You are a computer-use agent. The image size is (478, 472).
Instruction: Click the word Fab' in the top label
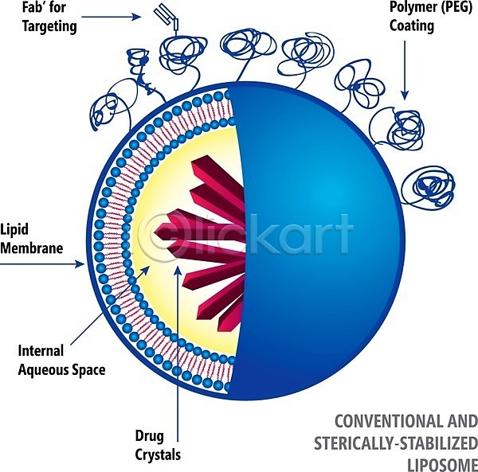pyautogui.click(x=33, y=7)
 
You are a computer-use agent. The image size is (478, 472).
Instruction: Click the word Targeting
pyautogui.click(x=49, y=27)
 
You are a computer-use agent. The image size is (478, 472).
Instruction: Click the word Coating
pyautogui.click(x=412, y=25)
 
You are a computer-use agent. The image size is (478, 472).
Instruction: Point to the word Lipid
pyautogui.click(x=14, y=229)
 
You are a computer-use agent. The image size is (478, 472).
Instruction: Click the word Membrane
pyautogui.click(x=31, y=248)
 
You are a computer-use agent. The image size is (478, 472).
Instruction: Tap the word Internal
pyautogui.click(x=41, y=350)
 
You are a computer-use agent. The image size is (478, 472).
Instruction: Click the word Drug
pyautogui.click(x=150, y=437)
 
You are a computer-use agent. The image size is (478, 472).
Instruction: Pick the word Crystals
pyautogui.click(x=158, y=455)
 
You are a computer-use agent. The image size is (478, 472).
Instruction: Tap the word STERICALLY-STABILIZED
pyautogui.click(x=396, y=443)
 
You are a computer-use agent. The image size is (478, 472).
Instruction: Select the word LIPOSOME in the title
pyautogui.click(x=442, y=466)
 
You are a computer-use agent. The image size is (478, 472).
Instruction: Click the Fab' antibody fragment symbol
pyautogui.click(x=167, y=19)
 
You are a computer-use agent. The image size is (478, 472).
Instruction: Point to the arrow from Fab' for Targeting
pyautogui.click(x=112, y=17)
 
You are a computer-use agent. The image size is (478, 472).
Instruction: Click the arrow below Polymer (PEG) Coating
pyautogui.click(x=405, y=70)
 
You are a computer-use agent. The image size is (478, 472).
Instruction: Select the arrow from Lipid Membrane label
pyautogui.click(x=42, y=264)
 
